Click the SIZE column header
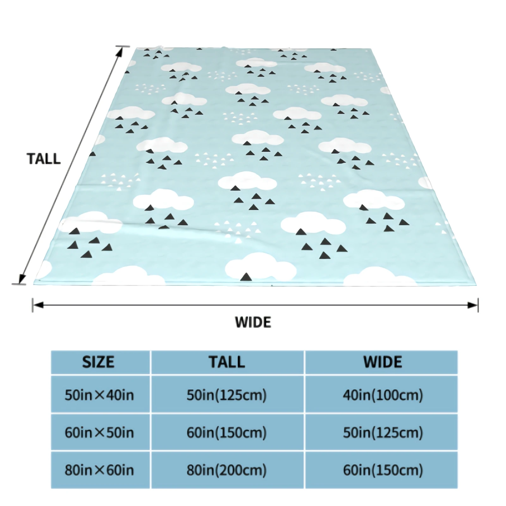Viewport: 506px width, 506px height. [98, 362]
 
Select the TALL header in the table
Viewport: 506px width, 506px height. [227, 362]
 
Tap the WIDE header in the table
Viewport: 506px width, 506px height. [382, 362]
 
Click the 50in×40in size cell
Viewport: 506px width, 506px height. [99, 395]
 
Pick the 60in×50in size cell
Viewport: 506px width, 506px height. [99, 432]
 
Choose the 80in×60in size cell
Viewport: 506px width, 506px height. [99, 470]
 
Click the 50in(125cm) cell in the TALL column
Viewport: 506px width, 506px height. [227, 395]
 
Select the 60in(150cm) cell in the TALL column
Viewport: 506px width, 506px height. [227, 432]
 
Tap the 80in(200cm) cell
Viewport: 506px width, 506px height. [227, 470]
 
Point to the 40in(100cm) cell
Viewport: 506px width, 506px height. [383, 395]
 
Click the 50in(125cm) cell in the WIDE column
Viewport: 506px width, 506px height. [383, 432]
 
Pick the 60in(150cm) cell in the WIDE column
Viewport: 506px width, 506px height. [383, 470]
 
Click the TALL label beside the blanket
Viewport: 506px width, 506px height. [44, 159]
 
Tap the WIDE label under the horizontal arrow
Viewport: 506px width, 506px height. [253, 322]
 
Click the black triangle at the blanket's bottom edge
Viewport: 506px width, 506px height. [246, 277]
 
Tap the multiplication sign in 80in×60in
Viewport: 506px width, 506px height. [99, 470]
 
